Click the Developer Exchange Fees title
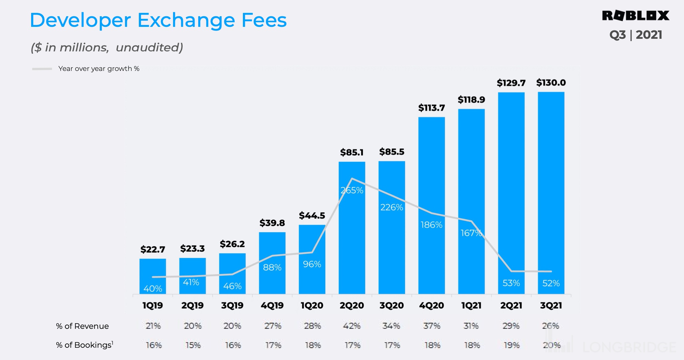[158, 20]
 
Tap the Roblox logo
[635, 16]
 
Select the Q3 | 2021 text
[635, 35]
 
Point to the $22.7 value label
[152, 249]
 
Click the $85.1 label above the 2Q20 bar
[352, 152]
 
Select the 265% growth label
[352, 191]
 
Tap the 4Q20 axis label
[431, 305]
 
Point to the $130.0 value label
[551, 83]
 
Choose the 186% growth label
[431, 225]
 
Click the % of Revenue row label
[82, 326]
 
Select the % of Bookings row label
[85, 345]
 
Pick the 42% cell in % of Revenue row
[352, 326]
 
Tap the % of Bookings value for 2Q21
[511, 345]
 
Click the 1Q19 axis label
[152, 305]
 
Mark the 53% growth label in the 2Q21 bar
[511, 283]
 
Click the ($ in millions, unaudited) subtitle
[107, 48]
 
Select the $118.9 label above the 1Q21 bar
[471, 100]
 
